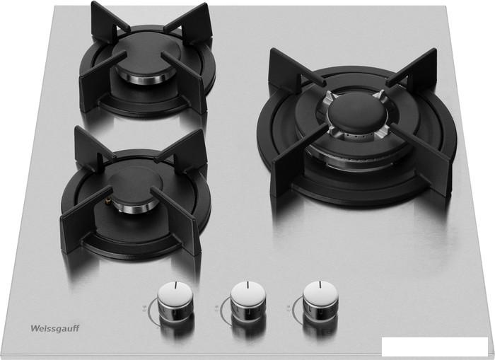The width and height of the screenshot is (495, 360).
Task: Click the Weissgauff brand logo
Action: pyautogui.click(x=55, y=328)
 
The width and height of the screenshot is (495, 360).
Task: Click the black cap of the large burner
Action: pyautogui.click(x=358, y=113)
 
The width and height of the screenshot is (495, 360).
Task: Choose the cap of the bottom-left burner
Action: pyautogui.click(x=135, y=185)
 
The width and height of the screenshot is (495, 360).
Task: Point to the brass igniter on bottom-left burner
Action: pyautogui.click(x=109, y=200)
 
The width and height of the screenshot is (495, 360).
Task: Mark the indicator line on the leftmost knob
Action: pyautogui.click(x=176, y=285)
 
